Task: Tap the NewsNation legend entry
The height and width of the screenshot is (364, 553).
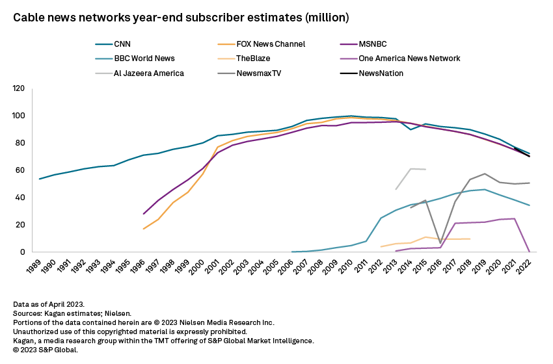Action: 380,73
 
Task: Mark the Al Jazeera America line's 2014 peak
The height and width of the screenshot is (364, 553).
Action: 411,169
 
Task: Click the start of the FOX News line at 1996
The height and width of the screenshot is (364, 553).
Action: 144,229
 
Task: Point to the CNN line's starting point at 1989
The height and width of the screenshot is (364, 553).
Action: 40,179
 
